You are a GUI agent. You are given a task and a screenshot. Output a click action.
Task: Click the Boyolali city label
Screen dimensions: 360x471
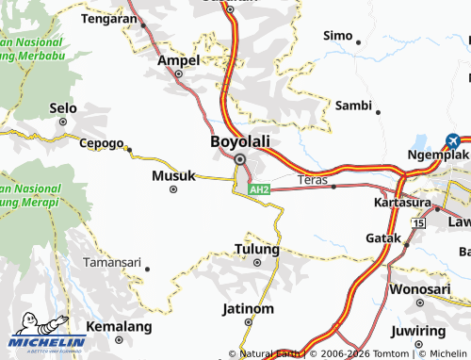pos(239,141)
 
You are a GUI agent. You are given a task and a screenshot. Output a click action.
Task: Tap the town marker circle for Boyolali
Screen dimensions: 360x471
pos(239,159)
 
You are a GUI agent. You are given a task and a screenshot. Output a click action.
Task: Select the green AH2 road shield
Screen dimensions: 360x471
pos(260,189)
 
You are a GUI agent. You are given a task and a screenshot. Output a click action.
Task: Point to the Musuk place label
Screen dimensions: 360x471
pos(173,175)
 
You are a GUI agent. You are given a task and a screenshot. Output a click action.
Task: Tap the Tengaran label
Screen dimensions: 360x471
pos(110,18)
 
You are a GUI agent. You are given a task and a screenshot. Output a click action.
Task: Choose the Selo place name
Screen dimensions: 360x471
pos(63,108)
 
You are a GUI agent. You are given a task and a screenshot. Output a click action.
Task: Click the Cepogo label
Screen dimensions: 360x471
pos(101,143)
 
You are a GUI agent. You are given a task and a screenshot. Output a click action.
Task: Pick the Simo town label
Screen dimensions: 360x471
pos(337,35)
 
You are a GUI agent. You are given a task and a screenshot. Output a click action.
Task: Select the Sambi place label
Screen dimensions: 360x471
pos(354,106)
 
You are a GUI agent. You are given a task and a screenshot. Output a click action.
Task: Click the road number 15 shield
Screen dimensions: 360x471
pos(418,223)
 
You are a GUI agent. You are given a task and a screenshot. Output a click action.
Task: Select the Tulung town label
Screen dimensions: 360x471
pos(256,250)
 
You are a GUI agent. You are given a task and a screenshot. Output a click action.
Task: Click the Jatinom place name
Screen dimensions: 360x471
pos(247,308)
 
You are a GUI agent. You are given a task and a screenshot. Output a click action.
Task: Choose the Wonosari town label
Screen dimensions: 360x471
pos(420,288)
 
